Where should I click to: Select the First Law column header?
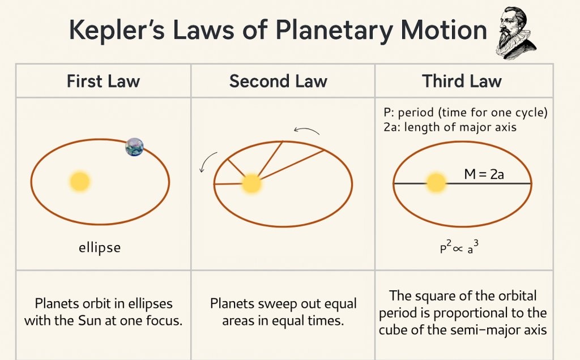coord(103,81)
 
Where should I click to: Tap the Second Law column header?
coord(278,81)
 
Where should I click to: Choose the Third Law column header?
coord(462,81)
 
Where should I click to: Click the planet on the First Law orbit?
coord(134,147)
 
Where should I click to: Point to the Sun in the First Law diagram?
coord(80,181)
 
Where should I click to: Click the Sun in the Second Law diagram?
coord(251,183)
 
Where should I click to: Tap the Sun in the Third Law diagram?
coord(436,183)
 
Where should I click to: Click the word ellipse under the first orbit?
coord(100,248)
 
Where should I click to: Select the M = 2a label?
coord(484,174)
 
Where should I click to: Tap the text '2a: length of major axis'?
coord(450,127)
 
